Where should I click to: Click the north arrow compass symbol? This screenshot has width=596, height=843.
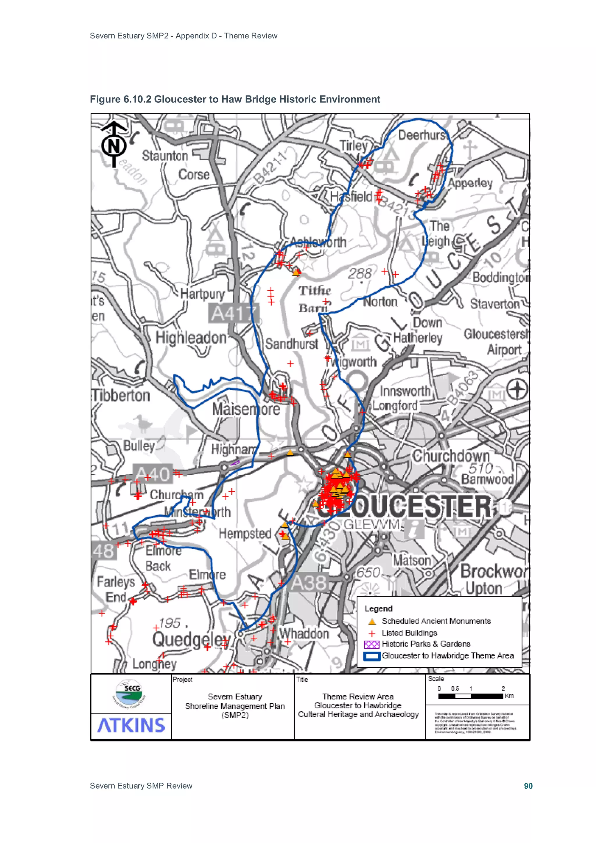click(114, 144)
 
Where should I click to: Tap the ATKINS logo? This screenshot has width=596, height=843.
click(131, 725)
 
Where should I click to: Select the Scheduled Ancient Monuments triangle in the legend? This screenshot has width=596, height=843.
click(372, 621)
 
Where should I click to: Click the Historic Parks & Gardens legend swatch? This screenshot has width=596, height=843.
click(371, 644)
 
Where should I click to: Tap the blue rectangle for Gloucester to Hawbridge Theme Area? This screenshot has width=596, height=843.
click(372, 656)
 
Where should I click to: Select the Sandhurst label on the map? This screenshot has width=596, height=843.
click(292, 344)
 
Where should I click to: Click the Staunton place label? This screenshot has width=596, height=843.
click(165, 156)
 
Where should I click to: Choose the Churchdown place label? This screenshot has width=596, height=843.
click(451, 456)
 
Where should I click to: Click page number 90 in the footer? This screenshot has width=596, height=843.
click(528, 786)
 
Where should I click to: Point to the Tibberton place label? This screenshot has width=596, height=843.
click(121, 395)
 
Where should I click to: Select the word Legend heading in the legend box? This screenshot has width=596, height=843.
click(378, 608)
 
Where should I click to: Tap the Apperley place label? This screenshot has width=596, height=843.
click(470, 182)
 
